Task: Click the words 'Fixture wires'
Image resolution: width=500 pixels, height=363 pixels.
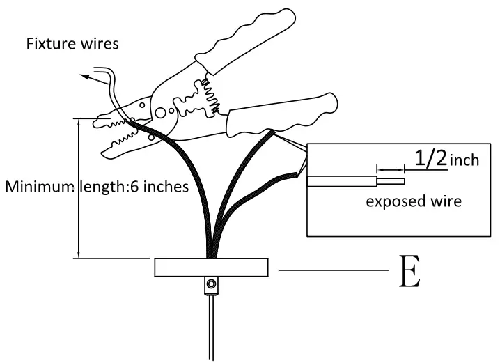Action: pos(72,44)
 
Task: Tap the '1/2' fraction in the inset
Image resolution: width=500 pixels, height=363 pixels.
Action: pos(430,158)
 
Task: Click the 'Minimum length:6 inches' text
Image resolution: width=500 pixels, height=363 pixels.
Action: pos(97,187)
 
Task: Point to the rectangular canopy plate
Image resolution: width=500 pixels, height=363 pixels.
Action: pos(211,268)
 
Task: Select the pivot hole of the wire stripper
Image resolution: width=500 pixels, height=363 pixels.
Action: pos(161,111)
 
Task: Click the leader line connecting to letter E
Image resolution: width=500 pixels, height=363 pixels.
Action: pos(332,269)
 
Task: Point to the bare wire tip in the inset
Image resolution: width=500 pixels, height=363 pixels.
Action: pos(393,181)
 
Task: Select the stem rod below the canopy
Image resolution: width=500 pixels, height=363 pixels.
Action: pos(210,327)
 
